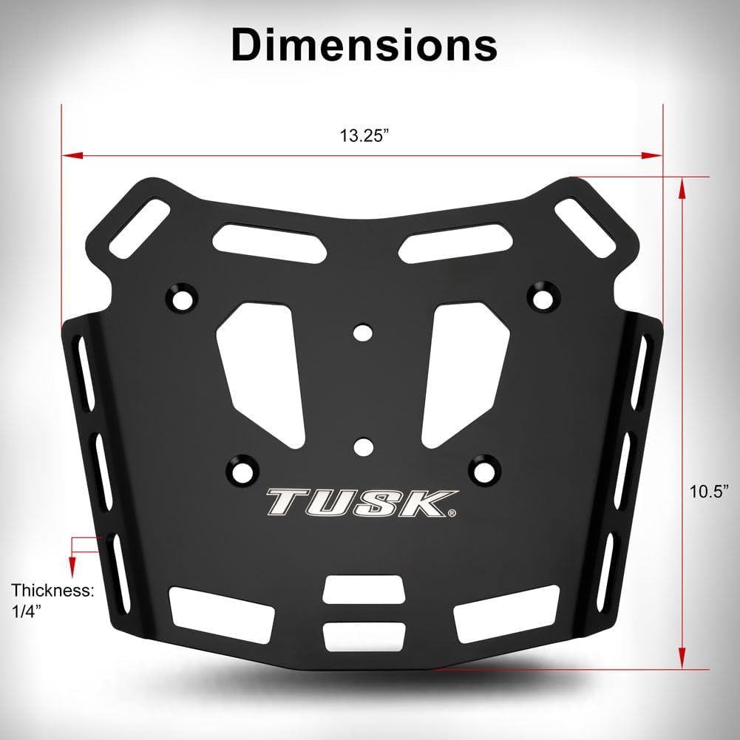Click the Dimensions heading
[x=363, y=44]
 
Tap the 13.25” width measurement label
[x=364, y=136]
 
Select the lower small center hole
[x=361, y=447]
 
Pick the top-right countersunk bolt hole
[x=543, y=295]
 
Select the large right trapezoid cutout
[x=465, y=366]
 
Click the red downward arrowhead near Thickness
[x=72, y=568]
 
